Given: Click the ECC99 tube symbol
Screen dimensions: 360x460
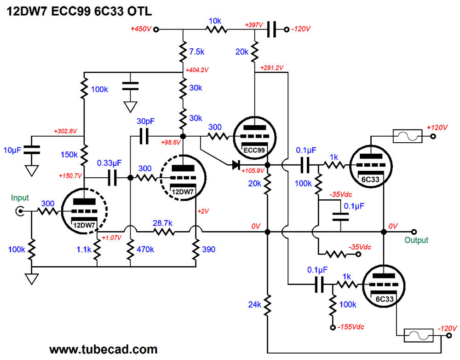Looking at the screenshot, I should [x=254, y=136].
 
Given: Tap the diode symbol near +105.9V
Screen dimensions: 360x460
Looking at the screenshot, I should [x=236, y=164].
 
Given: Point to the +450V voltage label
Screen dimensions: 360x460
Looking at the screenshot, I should [x=140, y=29].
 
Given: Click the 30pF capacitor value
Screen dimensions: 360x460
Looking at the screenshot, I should [x=146, y=122].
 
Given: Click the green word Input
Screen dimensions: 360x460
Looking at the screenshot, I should [x=20, y=198].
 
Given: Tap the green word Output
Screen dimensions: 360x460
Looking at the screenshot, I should [x=416, y=240].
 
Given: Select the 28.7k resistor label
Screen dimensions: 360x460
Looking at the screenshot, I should [x=163, y=223].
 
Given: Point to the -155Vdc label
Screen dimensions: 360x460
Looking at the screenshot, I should [x=351, y=327].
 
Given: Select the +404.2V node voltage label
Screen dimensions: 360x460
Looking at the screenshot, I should [x=197, y=70].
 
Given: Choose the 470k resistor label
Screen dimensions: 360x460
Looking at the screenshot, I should [x=145, y=250].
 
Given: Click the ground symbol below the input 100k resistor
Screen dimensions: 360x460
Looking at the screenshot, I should [x=32, y=279].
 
